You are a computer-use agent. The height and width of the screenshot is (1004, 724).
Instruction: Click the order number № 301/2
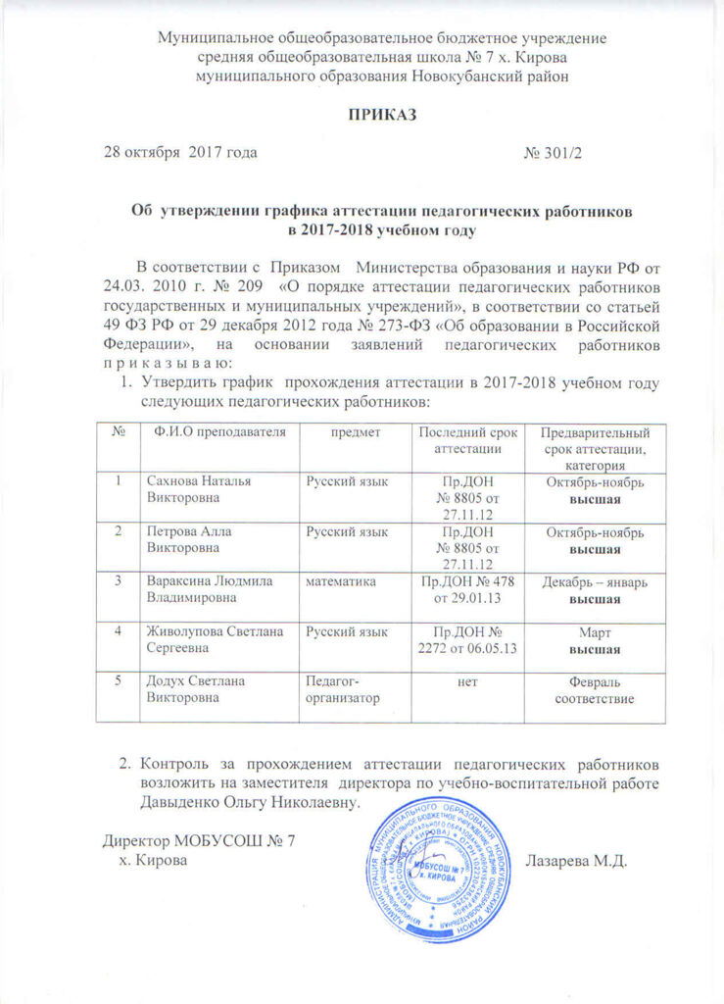click(555, 153)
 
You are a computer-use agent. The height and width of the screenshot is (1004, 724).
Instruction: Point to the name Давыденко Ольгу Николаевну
click(250, 801)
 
